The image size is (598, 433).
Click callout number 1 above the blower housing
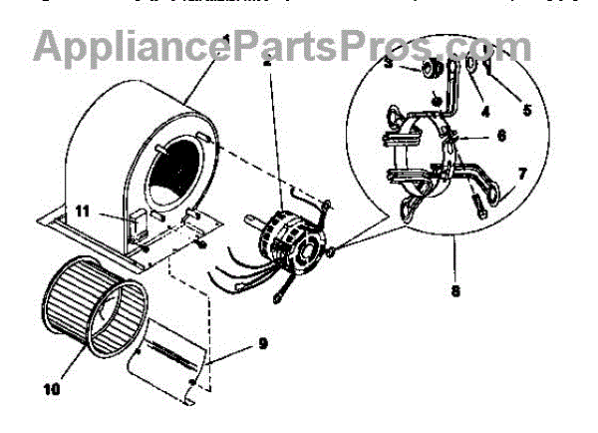(x=226, y=40)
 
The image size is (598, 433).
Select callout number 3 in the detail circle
(x=388, y=66)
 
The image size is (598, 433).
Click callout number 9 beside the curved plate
(x=262, y=344)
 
